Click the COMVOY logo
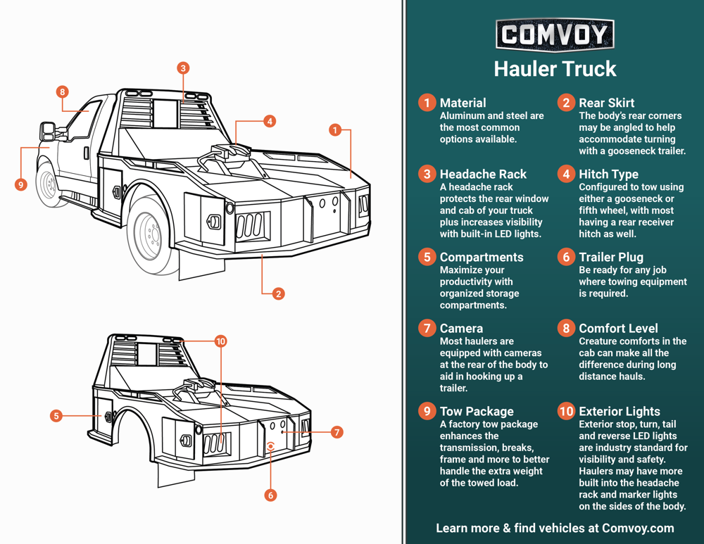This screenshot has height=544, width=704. pyautogui.click(x=555, y=34)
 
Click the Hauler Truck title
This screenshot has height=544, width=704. pyautogui.click(x=555, y=69)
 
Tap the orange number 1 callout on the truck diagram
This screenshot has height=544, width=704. pyautogui.click(x=335, y=130)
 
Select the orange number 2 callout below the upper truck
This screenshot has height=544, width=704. pyautogui.click(x=279, y=293)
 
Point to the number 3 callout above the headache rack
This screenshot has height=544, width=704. pyautogui.click(x=183, y=68)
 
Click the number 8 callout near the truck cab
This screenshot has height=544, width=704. pyautogui.click(x=63, y=91)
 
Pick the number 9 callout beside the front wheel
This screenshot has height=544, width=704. pyautogui.click(x=20, y=184)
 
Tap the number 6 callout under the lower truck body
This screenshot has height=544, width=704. pyautogui.click(x=271, y=495)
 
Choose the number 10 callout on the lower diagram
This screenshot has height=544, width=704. pyautogui.click(x=221, y=341)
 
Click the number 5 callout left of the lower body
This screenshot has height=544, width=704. pyautogui.click(x=56, y=416)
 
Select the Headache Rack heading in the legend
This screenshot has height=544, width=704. pyautogui.click(x=483, y=174)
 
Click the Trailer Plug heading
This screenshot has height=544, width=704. pyautogui.click(x=610, y=257)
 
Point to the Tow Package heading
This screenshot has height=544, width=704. pyautogui.click(x=477, y=411)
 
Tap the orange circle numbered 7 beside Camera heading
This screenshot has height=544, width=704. pyautogui.click(x=427, y=328)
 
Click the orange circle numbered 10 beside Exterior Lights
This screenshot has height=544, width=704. pyautogui.click(x=566, y=411)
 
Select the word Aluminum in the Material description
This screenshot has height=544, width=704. pyautogui.click(x=463, y=115)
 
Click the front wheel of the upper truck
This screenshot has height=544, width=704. pyautogui.click(x=48, y=184)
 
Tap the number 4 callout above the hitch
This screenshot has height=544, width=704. pyautogui.click(x=270, y=122)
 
